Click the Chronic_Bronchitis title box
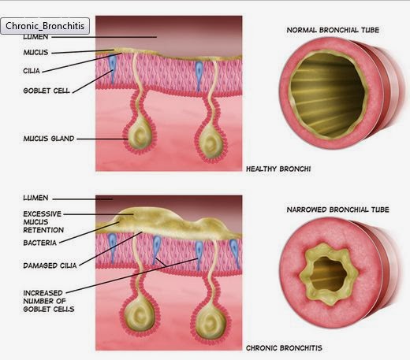tap(45, 26)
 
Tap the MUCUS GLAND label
tap(49, 139)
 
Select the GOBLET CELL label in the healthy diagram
tap(47, 91)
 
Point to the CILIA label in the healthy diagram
tap(32, 71)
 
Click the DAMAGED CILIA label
tap(50, 265)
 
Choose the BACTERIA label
tap(40, 243)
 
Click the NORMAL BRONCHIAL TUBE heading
tap(333, 30)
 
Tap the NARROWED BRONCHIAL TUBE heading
tap(337, 210)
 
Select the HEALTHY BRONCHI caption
tap(278, 169)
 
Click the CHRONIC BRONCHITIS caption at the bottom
tap(284, 348)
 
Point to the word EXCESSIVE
tap(43, 214)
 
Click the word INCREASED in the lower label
tap(43, 293)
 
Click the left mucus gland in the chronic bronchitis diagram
tap(140, 316)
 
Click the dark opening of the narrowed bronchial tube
tap(329, 274)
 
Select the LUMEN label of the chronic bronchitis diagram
tap(35, 198)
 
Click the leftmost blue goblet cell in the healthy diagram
tap(113, 68)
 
